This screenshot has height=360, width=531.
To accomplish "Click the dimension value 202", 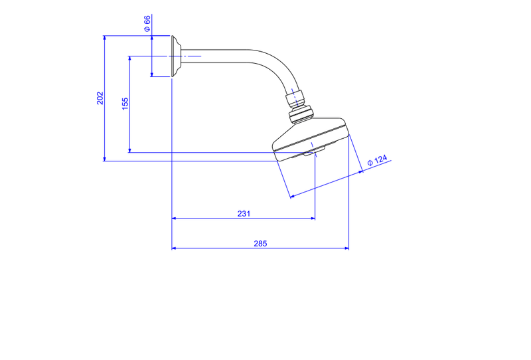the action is click(x=100, y=98).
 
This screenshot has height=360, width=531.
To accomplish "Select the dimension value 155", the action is click(x=125, y=104).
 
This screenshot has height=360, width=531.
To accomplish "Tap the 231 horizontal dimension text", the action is click(x=244, y=214).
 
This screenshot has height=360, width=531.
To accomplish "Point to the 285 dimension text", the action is click(x=260, y=243).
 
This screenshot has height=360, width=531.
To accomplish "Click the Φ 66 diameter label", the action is click(x=147, y=23).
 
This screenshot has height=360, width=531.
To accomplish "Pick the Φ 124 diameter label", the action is click(x=377, y=160).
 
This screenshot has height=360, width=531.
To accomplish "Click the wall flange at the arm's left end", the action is click(x=176, y=56).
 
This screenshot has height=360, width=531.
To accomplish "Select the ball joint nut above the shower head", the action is click(x=301, y=114).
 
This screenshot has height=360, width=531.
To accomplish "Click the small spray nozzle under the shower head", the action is click(x=314, y=151).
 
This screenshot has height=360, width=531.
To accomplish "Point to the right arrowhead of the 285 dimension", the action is click(x=346, y=248).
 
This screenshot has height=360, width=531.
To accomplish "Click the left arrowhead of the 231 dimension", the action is click(x=174, y=219).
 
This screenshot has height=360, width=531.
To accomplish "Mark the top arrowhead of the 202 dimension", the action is click(x=105, y=38).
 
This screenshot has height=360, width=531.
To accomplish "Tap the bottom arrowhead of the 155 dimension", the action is click(x=129, y=150).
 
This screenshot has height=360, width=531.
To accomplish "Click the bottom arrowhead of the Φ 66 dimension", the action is click(x=152, y=74).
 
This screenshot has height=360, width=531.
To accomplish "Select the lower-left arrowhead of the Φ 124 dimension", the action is click(x=293, y=196).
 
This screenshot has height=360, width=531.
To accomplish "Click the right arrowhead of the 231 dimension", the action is click(x=313, y=219).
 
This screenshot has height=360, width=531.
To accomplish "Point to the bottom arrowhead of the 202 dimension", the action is click(x=105, y=159).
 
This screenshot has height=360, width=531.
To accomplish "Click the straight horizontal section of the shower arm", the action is click(x=216, y=56).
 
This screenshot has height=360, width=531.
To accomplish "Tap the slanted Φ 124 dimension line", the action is click(x=327, y=184).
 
